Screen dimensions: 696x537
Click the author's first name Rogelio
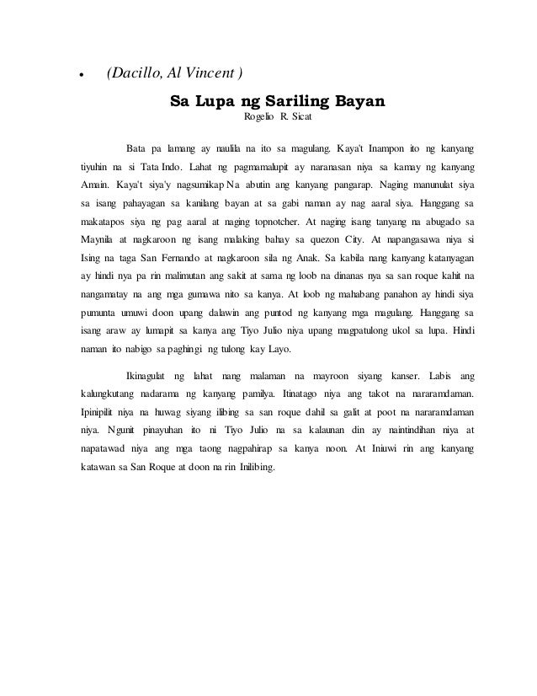click(x=260, y=119)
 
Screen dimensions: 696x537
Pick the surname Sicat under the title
click(x=303, y=119)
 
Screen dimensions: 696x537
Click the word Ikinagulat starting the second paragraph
click(x=152, y=373)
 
